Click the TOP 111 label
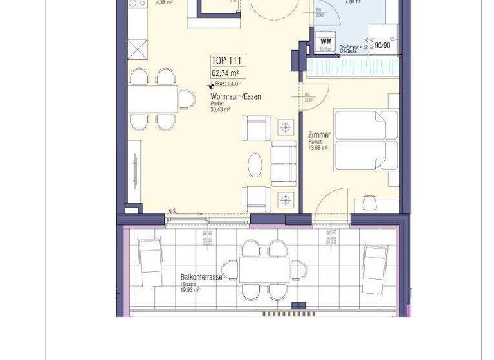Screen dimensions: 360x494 pyautogui.click(x=225, y=61)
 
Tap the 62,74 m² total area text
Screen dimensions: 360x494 pyautogui.click(x=225, y=73)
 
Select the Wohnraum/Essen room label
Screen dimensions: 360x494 pyautogui.click(x=235, y=97)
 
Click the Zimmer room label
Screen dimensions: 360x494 pyautogui.click(x=320, y=135)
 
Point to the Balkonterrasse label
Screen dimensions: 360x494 pyautogui.click(x=201, y=277)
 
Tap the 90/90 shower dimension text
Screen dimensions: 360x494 pyautogui.click(x=382, y=46)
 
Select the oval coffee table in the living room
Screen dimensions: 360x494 pyautogui.click(x=256, y=165)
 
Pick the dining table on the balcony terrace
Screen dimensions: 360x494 pyautogui.click(x=264, y=270)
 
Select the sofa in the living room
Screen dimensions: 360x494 pyautogui.click(x=284, y=164)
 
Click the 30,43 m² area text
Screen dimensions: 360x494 pyautogui.click(x=220, y=110)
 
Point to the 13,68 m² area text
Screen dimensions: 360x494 pyautogui.click(x=318, y=148)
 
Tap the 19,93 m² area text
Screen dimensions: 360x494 pyautogui.click(x=190, y=290)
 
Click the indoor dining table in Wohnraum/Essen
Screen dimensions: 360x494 pyautogui.click(x=153, y=99)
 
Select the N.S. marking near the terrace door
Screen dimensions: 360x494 pyautogui.click(x=172, y=212)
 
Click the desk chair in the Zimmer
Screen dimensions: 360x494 pyautogui.click(x=369, y=203)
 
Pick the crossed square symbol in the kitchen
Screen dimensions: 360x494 pyautogui.click(x=137, y=49)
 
